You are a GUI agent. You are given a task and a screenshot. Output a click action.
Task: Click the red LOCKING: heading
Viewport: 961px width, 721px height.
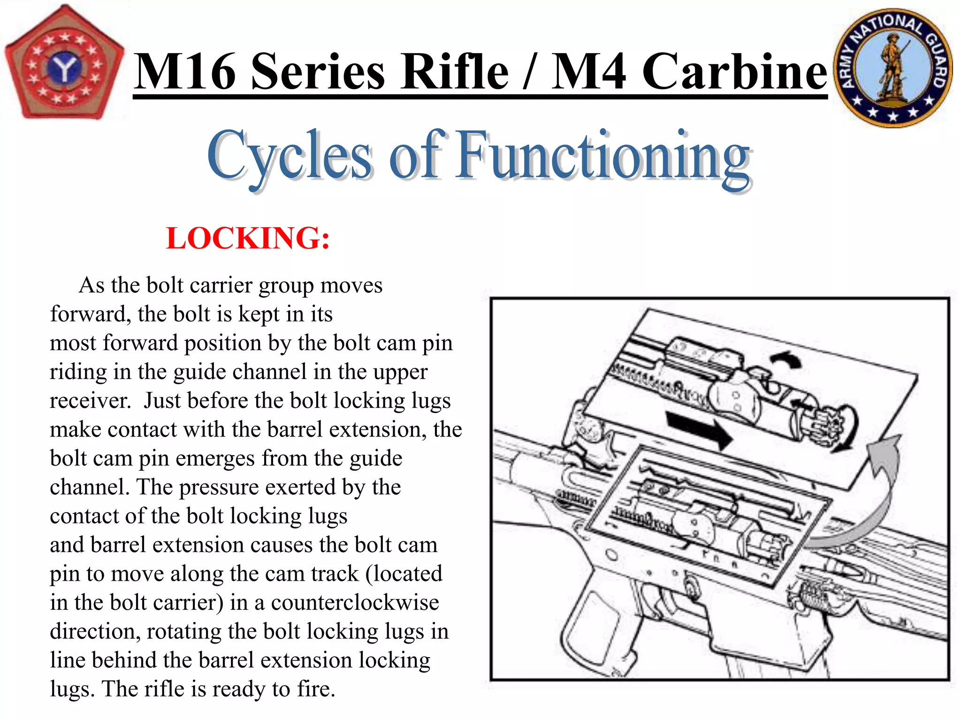coord(248,238)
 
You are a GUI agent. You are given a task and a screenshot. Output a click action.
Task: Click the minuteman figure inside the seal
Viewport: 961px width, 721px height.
coord(892,66)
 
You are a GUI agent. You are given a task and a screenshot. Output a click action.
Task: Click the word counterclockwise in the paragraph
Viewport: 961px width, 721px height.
coord(355,603)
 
